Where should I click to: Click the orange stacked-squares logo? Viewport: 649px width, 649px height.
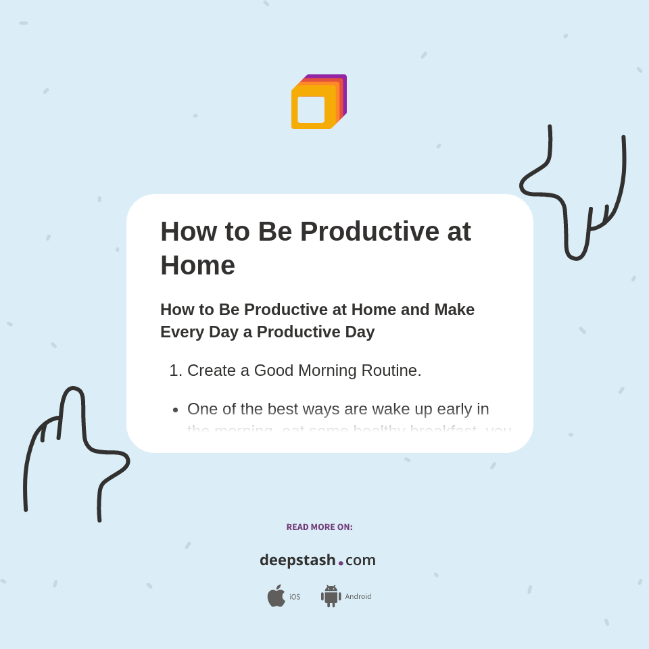point(318,101)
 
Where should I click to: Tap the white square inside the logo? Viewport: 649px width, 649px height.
point(311,110)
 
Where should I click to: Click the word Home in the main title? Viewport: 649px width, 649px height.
point(197,265)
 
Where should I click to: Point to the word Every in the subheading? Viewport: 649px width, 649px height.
point(182,332)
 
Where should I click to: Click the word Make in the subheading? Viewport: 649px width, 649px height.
point(454,310)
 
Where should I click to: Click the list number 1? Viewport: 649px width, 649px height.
point(175,370)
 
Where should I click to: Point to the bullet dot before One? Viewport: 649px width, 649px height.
point(176,410)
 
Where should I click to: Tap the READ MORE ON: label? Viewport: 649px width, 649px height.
point(319,527)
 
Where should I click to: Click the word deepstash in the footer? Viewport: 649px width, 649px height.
point(297,560)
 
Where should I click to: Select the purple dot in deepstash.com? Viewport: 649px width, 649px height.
point(341,563)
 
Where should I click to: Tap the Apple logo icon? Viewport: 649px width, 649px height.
point(276,596)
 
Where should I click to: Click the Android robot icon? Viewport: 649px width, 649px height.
point(331,596)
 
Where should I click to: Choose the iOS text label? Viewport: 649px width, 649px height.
point(295,597)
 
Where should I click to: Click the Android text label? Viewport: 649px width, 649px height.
point(358,597)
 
